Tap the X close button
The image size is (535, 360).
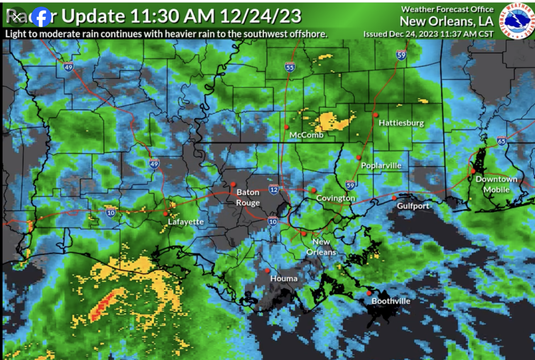(17, 17)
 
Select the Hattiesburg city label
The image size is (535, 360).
(401, 123)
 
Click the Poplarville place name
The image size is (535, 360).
(381, 166)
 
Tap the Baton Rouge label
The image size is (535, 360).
(248, 197)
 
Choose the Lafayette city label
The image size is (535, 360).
(186, 222)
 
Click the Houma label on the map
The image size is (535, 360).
(284, 278)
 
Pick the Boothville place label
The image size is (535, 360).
(391, 301)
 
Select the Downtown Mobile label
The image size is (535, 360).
(496, 184)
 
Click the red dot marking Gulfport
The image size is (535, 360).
(394, 198)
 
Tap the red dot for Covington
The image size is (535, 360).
(314, 190)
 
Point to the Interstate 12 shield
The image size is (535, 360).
(273, 190)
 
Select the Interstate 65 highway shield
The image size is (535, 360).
(501, 141)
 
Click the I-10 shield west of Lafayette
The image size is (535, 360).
(111, 212)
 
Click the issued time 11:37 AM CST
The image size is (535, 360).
(465, 34)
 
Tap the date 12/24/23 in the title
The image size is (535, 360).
(260, 16)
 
